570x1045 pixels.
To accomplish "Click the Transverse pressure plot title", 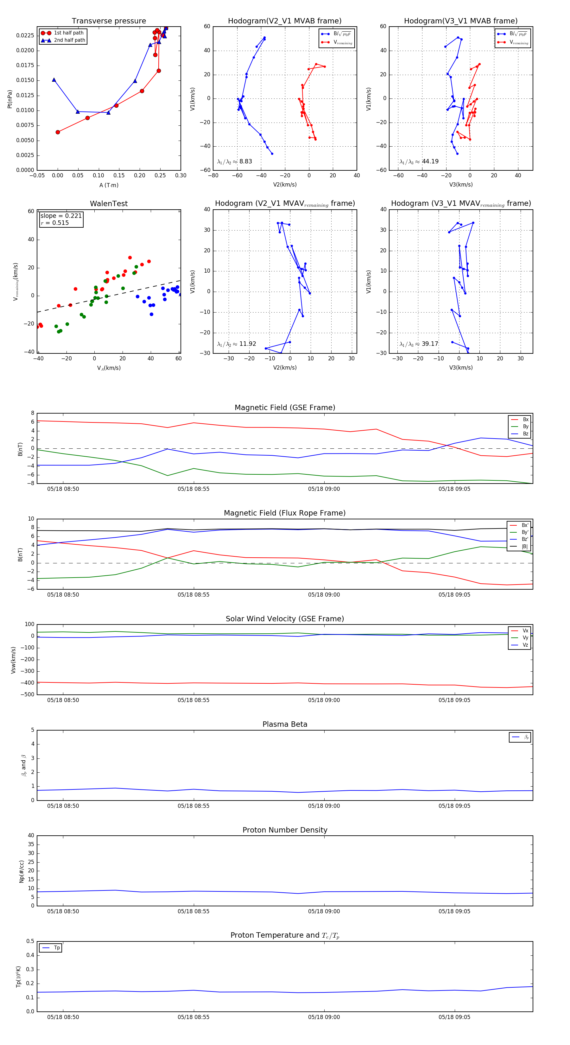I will [x=109, y=21].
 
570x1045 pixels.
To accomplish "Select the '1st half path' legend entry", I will [x=68, y=33].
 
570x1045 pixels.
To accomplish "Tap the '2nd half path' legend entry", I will [x=69, y=40].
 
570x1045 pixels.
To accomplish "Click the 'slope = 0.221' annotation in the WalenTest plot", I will [x=61, y=216].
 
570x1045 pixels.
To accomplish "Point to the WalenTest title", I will [x=109, y=204].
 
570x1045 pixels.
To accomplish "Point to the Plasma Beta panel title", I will [x=285, y=724].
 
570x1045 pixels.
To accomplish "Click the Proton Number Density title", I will [x=285, y=830].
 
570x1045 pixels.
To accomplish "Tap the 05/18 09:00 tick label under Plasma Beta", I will [x=324, y=806].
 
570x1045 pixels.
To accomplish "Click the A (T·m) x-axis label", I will [x=109, y=185].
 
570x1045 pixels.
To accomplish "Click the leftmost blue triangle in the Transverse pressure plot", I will [x=54, y=80].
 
